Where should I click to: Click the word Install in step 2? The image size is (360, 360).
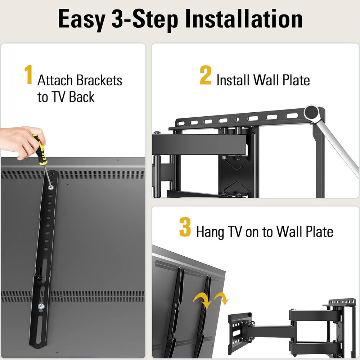[x=233, y=80]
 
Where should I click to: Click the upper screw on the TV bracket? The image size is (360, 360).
[x=50, y=187]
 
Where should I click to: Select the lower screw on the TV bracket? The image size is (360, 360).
[x=42, y=307]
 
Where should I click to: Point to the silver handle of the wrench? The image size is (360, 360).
[x=338, y=144]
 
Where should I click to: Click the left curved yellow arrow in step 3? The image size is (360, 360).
[x=201, y=300]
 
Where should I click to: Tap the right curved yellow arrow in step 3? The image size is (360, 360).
[x=220, y=297]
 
